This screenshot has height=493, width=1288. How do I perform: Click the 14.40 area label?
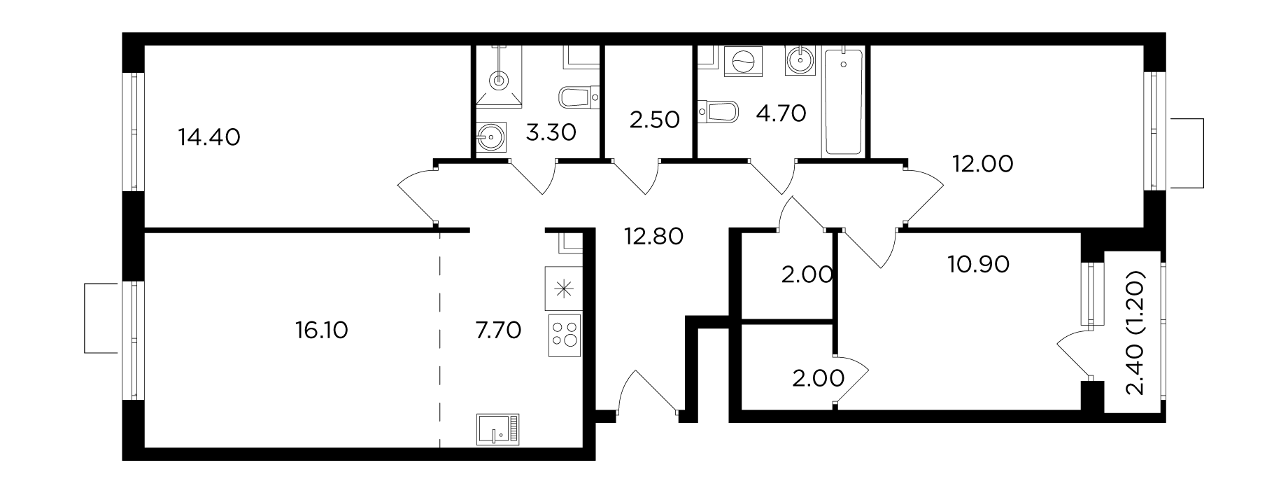tap(209, 137)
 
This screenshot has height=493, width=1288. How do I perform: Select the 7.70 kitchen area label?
tap(497, 330)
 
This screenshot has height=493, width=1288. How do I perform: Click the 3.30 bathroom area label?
tap(551, 132)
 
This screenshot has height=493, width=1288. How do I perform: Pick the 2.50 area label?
tap(655, 120)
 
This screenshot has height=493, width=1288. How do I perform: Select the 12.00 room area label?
tap(982, 165)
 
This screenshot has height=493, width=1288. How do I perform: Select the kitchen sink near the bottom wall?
tap(498, 429)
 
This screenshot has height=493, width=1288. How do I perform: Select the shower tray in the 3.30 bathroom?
tap(498, 76)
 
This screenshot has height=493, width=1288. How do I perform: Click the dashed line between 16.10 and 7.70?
tap(440, 339)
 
